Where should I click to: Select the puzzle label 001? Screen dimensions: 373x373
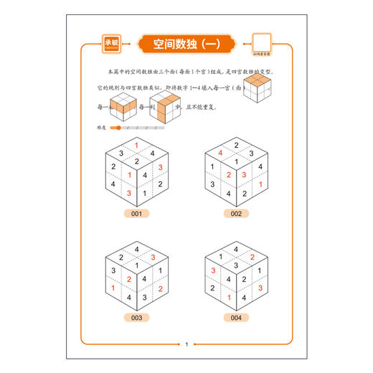tap(136, 214)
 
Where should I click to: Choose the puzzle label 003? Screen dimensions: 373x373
tap(136, 318)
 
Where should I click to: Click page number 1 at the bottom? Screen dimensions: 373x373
tap(186, 345)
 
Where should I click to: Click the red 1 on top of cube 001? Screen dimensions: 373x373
tap(136, 145)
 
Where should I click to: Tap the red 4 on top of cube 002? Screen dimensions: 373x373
tap(221, 153)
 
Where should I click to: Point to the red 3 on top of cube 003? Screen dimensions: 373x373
tap(152, 257)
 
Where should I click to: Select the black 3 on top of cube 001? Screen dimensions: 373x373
tap(121, 153)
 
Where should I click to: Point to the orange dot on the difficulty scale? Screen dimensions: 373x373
tap(118, 127)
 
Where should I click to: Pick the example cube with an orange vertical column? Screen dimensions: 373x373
tap(163, 106)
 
